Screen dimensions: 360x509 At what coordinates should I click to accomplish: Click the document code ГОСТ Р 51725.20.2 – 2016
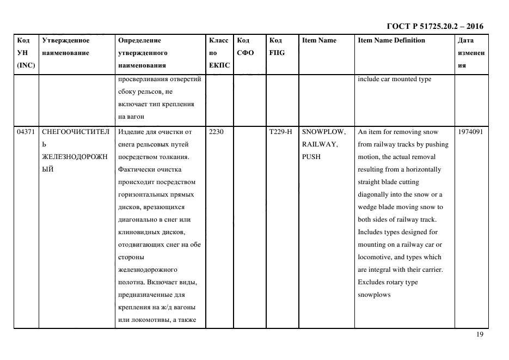click(x=434, y=26)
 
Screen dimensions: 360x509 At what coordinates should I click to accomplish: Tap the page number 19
click(x=480, y=334)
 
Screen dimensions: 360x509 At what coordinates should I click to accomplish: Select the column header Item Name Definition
click(x=391, y=40)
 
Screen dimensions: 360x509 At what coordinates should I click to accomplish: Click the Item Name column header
click(x=319, y=40)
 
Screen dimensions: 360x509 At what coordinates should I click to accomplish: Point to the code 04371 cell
click(x=26, y=132)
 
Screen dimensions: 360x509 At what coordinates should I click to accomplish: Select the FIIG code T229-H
click(x=281, y=132)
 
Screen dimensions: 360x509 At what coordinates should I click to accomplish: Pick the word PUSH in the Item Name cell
click(x=311, y=157)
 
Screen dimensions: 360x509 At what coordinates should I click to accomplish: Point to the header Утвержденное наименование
click(x=66, y=46)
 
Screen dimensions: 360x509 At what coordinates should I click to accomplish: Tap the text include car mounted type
click(x=394, y=79)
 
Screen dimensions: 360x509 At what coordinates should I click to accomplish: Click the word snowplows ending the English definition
click(x=374, y=295)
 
